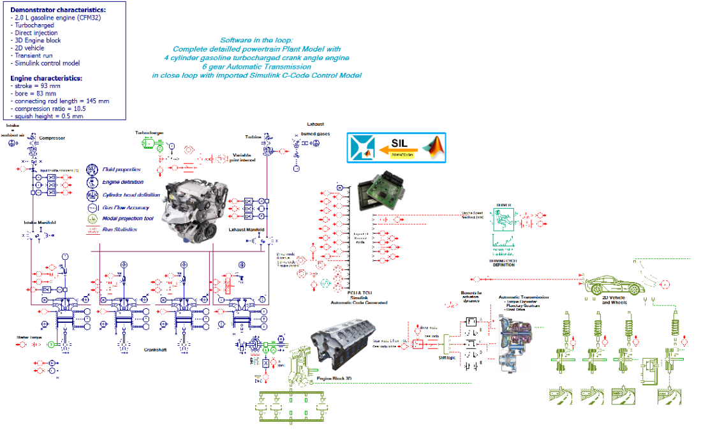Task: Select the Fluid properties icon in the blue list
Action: (93, 170)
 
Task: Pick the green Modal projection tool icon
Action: (93, 218)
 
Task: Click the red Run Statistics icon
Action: (93, 230)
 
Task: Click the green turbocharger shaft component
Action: (154, 145)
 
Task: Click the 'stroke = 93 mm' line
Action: (36, 86)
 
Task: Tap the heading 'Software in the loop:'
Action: (256, 40)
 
